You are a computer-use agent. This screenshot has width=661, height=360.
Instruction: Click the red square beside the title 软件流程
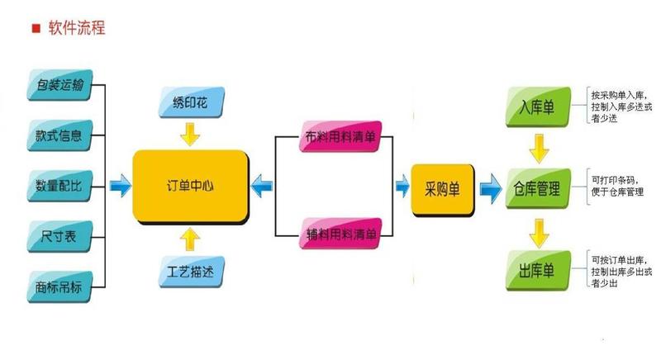pyautogui.click(x=36, y=28)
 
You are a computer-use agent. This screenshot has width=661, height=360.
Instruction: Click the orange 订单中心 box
pyautogui.click(x=191, y=186)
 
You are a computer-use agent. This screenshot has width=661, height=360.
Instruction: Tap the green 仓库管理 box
pyautogui.click(x=537, y=189)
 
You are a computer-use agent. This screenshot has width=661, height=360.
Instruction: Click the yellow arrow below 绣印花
pyautogui.click(x=192, y=132)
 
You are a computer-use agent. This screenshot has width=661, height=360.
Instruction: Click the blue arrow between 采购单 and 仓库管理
pyautogui.click(x=489, y=189)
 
